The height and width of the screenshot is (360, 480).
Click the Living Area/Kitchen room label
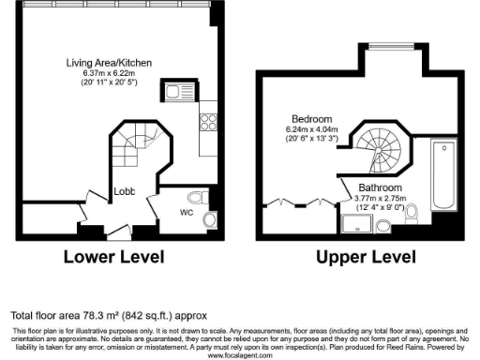(109, 63)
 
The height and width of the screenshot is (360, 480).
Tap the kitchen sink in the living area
(175, 92)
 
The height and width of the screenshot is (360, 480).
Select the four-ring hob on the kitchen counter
(207, 122)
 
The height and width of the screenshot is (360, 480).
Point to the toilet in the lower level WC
(194, 198)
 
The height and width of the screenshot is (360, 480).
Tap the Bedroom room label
(312, 120)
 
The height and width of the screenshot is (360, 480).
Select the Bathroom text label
(365, 187)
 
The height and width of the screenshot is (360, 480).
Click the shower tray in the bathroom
(356, 223)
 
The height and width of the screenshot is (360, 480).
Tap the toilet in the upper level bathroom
(385, 223)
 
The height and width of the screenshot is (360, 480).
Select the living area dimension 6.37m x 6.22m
(109, 73)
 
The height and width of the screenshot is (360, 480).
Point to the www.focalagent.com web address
(240, 355)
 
